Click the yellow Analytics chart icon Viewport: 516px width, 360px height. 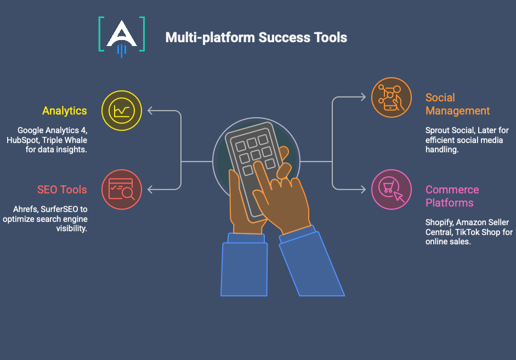click(122, 110)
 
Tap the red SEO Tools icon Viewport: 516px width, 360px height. click(122, 189)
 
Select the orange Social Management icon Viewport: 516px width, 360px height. click(391, 98)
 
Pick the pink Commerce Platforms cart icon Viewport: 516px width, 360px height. click(391, 189)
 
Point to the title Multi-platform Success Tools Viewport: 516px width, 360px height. click(256, 37)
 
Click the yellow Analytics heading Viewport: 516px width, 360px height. click(65, 111)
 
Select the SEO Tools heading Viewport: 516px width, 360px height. click(62, 190)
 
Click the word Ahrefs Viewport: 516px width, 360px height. click(25, 209)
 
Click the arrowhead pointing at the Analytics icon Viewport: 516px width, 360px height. click(150, 111)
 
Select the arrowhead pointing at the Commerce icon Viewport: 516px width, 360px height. click(363, 190)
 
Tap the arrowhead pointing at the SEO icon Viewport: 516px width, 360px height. click(150, 190)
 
